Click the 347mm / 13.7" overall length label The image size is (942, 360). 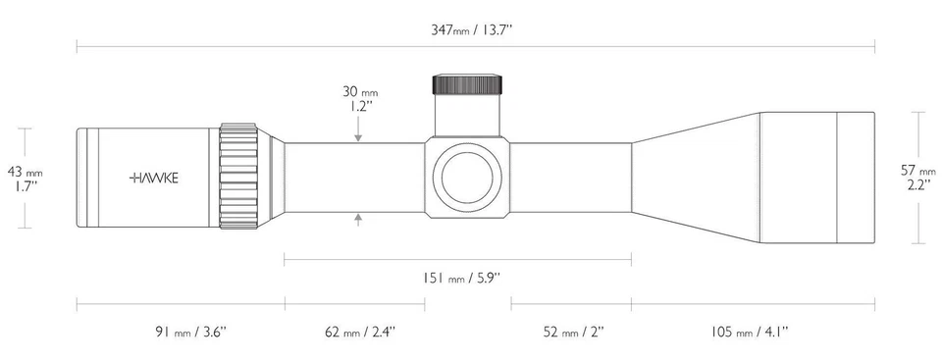click(475, 30)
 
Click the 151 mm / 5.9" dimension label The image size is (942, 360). click(461, 278)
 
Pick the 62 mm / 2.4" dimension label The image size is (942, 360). click(360, 333)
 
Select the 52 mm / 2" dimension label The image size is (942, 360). click(574, 333)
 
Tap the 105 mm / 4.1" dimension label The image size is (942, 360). click(750, 333)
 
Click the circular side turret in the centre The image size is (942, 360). click(468, 177)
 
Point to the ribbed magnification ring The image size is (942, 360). click(238, 177)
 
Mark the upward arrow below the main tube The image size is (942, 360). click(358, 219)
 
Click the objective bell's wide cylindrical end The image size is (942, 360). click(816, 177)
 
